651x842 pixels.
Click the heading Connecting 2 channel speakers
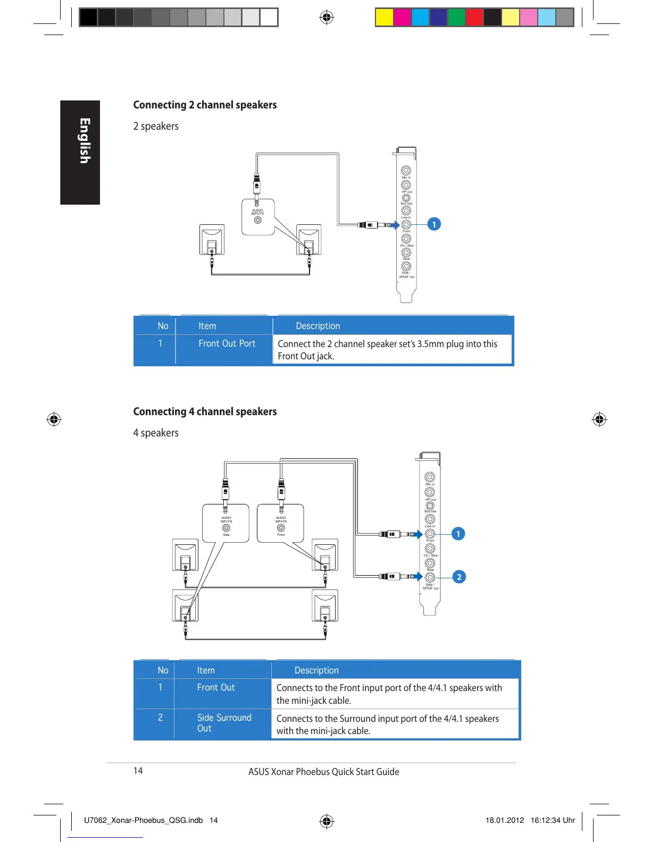click(205, 105)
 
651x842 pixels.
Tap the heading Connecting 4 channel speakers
click(205, 411)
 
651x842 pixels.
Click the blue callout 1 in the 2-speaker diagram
click(434, 224)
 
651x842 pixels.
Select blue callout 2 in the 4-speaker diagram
click(458, 577)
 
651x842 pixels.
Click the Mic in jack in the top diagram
click(406, 171)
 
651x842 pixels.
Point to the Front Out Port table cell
click(227, 343)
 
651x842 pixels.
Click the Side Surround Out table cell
click(224, 723)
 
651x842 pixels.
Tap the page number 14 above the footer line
click(138, 771)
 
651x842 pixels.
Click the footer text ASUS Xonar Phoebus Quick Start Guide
click(323, 772)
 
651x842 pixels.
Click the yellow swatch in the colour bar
click(384, 18)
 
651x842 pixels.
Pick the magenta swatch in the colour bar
click(402, 18)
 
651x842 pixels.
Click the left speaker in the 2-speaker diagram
click(212, 240)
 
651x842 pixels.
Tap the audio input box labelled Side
click(226, 524)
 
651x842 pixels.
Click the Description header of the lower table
click(316, 670)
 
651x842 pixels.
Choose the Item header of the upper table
click(207, 326)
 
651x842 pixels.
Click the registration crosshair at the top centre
click(327, 18)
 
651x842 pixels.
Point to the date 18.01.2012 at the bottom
click(505, 820)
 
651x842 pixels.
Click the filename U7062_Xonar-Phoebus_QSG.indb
click(143, 820)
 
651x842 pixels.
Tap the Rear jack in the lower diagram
click(430, 563)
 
